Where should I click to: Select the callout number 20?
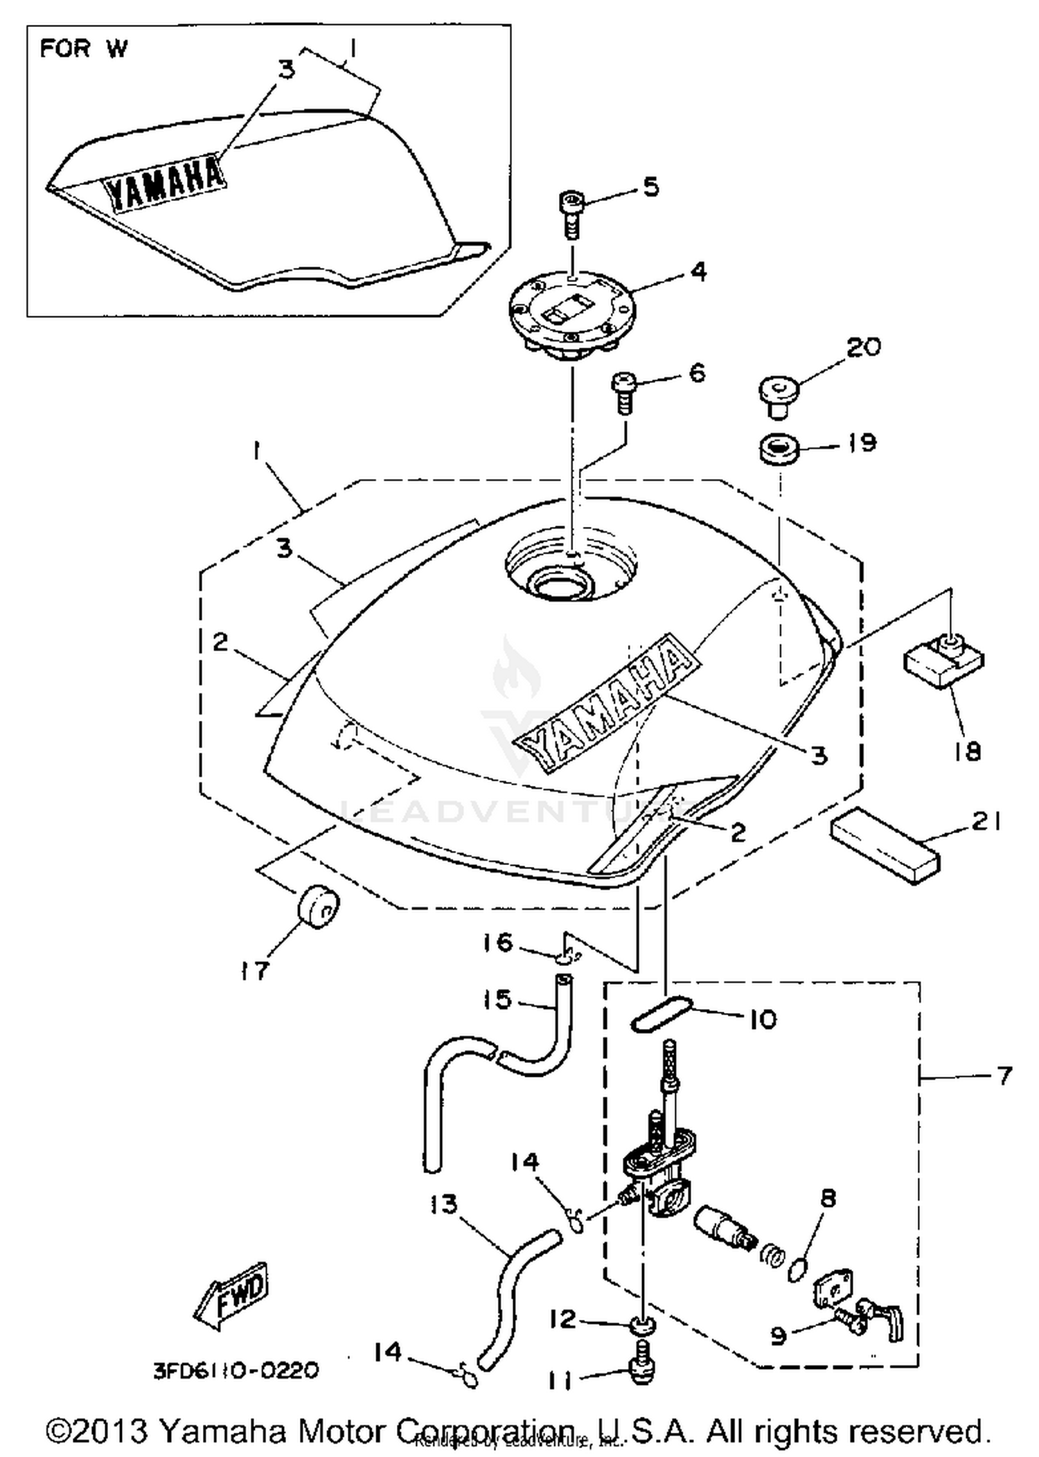(863, 346)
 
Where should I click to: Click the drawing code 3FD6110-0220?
(236, 1370)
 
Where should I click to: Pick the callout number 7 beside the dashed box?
(1004, 1075)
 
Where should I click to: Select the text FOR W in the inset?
(83, 49)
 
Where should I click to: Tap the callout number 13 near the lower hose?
(443, 1205)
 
